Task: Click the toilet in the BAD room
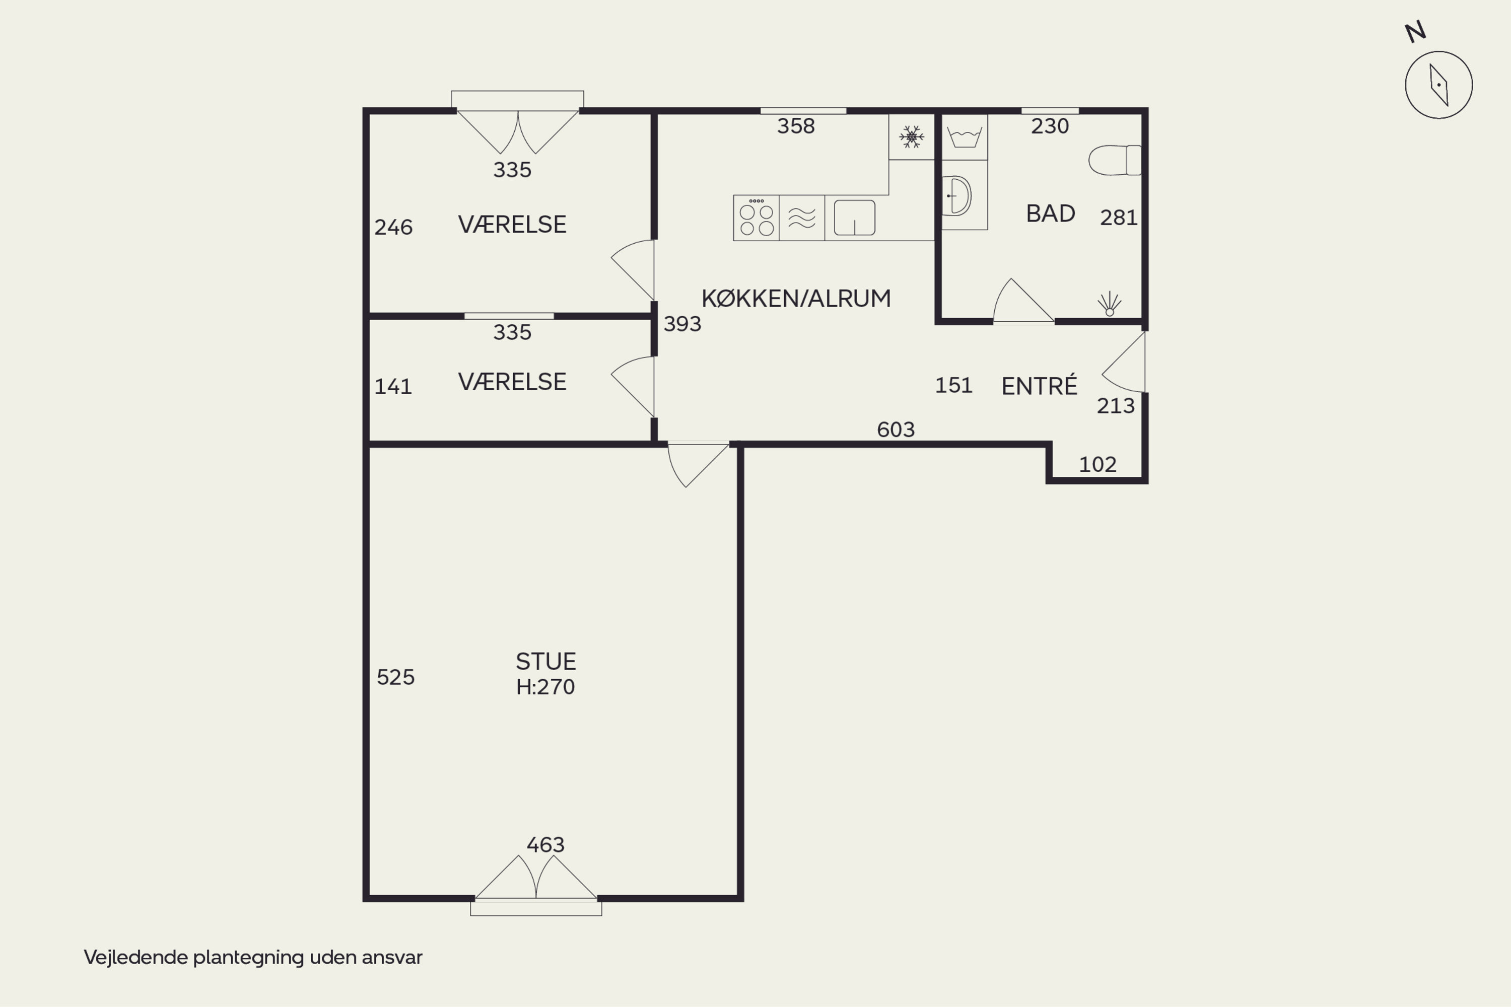click(x=1115, y=160)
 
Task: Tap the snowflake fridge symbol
click(x=911, y=137)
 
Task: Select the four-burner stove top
click(x=756, y=218)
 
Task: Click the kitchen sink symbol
click(x=854, y=217)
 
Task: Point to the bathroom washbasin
click(x=957, y=195)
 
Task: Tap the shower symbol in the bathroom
click(x=1110, y=304)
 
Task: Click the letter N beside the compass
click(x=1415, y=32)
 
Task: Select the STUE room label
click(x=545, y=662)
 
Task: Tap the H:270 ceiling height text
click(x=545, y=687)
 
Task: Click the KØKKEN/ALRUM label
click(x=796, y=298)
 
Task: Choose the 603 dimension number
click(x=896, y=429)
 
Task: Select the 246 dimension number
click(x=393, y=228)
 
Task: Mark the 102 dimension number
click(x=1097, y=464)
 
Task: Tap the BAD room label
click(x=1050, y=213)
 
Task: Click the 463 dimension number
click(x=545, y=844)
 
